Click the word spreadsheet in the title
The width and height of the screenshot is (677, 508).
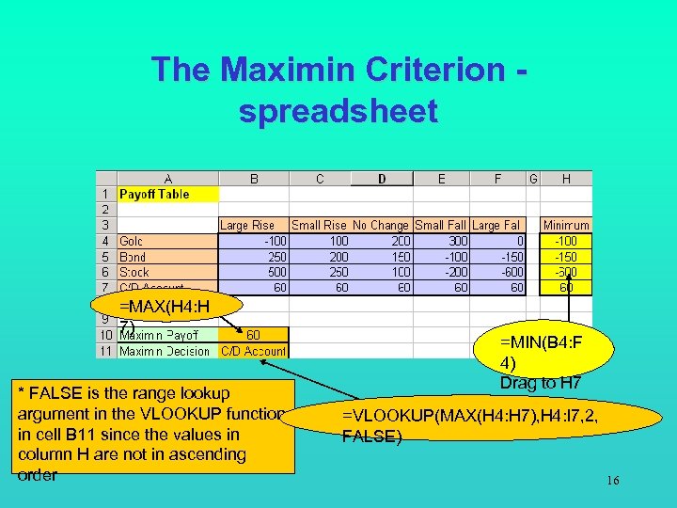[338, 111]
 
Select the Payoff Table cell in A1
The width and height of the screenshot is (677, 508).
[154, 194]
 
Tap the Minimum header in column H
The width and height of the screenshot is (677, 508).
[567, 225]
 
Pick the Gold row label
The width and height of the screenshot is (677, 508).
[132, 241]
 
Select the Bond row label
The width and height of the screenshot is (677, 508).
[133, 257]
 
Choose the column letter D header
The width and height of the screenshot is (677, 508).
[382, 178]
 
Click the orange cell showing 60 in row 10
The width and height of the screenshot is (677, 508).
[253, 334]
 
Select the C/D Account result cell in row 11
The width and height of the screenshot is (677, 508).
[253, 351]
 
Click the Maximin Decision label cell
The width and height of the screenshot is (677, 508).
[159, 351]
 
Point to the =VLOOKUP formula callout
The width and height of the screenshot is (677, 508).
[470, 425]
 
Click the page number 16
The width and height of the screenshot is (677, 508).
[613, 482]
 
